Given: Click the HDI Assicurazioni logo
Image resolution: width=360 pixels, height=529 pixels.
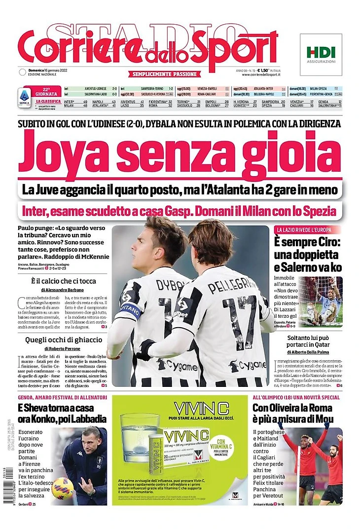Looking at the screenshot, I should click(321, 54).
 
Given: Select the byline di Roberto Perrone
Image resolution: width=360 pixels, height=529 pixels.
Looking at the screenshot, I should click(62, 348).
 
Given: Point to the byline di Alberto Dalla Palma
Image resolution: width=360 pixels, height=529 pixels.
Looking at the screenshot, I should click(309, 353).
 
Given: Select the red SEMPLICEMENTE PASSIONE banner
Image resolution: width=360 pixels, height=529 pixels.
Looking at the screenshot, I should click(165, 74).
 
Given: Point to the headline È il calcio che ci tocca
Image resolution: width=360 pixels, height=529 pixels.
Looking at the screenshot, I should click(62, 281).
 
